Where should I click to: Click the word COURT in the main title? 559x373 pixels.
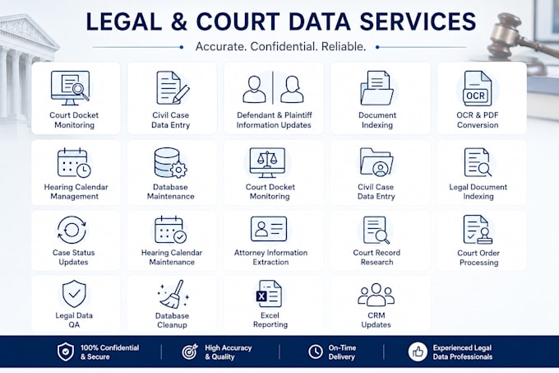[x=238, y=21]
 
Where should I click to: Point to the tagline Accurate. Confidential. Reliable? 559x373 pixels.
[x=280, y=47]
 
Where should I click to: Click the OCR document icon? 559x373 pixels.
[x=476, y=88]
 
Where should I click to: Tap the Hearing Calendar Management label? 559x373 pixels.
[x=76, y=192]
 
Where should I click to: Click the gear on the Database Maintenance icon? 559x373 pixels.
[x=178, y=169]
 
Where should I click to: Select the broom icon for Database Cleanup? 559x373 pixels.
[x=173, y=294]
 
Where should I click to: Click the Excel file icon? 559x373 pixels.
[x=269, y=294]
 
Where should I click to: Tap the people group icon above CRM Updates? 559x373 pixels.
[x=377, y=295]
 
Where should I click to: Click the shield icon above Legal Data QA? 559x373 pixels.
[x=74, y=294]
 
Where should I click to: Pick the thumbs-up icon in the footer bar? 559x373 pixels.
[x=418, y=352]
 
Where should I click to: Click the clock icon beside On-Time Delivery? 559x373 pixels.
[x=316, y=352]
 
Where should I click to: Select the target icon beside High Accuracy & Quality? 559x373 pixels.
[x=190, y=352]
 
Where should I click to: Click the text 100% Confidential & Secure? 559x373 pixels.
[x=109, y=352]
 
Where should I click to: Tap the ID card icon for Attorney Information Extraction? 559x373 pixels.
[x=269, y=229]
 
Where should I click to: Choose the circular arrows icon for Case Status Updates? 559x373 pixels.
[x=72, y=230]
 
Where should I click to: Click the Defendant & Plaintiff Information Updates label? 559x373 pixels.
[x=274, y=120]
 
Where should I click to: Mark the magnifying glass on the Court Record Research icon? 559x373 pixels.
[x=382, y=236]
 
